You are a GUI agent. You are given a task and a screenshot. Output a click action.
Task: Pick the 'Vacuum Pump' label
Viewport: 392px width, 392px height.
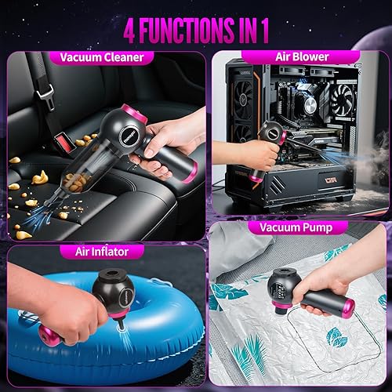[291, 227]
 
